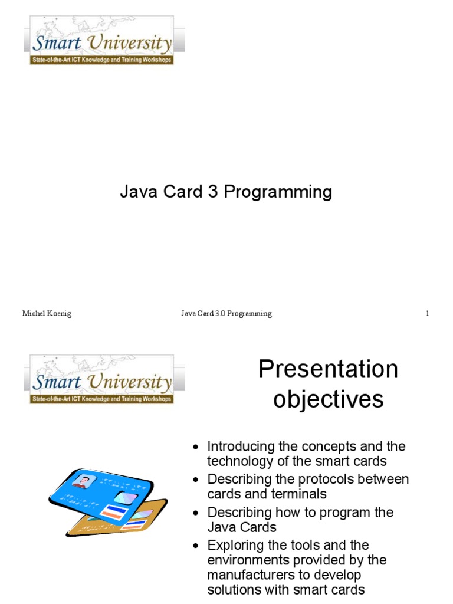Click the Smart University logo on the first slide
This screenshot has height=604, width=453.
[x=101, y=41]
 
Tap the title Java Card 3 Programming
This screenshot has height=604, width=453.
[x=226, y=192]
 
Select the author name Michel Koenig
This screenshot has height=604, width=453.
[x=47, y=314]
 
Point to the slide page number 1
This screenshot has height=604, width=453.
[x=427, y=314]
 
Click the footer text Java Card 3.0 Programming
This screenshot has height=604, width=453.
[x=226, y=314]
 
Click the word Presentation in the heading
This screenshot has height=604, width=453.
[x=328, y=370]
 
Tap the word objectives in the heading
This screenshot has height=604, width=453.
[x=328, y=399]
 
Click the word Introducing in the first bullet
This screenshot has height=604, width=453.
[x=239, y=447]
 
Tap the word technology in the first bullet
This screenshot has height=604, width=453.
[x=240, y=461]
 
